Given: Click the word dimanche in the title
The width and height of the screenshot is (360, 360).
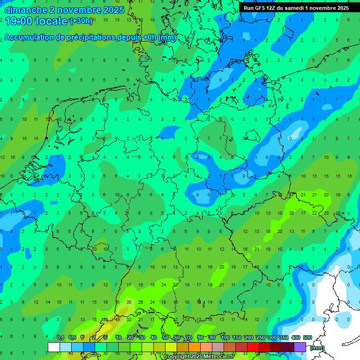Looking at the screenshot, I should coord(26,10).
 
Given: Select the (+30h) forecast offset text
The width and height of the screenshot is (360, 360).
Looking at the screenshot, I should coord(81,21).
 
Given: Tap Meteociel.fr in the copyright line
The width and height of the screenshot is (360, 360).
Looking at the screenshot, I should coord(215,357).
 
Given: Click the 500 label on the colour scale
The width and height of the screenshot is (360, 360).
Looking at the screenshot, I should coord(307,337).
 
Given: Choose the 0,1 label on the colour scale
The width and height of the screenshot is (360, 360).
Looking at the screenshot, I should coord(60,337).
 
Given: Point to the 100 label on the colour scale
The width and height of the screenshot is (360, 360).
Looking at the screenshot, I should coord(225,337).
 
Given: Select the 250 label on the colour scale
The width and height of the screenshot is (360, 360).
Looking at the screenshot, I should coord(261,337).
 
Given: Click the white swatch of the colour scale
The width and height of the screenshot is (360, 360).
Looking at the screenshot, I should coord(54,347).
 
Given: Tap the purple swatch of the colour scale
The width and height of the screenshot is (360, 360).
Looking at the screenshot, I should coord(300,347).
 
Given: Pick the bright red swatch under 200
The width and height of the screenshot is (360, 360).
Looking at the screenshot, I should coord(253,347).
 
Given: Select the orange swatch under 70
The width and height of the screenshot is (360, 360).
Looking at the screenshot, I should coord(195,347).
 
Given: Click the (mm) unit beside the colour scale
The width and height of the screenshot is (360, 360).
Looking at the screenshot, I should coord(317,348).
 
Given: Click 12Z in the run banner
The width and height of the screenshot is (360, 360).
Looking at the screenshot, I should coord(271,8).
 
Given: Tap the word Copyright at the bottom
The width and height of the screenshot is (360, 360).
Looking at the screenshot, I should coord(177,357).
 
